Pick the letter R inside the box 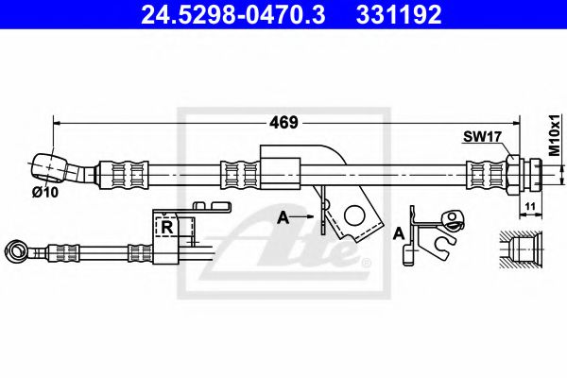point(166,228)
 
